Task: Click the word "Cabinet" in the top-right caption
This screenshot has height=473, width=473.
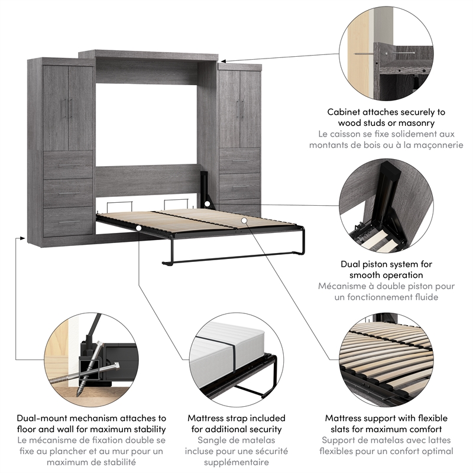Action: point(345,112)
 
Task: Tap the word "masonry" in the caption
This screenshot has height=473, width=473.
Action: point(416,123)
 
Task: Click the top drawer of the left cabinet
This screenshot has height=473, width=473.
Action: point(68,165)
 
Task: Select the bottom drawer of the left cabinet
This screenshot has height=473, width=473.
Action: point(68,222)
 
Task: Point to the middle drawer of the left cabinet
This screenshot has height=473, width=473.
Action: point(68,193)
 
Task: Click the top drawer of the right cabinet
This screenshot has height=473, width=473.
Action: point(239,160)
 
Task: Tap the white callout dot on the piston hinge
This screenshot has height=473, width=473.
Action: point(208,204)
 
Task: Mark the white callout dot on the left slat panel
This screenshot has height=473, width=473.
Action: point(138,227)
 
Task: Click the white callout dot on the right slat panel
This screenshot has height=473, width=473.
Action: point(244,221)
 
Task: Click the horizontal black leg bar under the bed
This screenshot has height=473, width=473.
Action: point(231,258)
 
